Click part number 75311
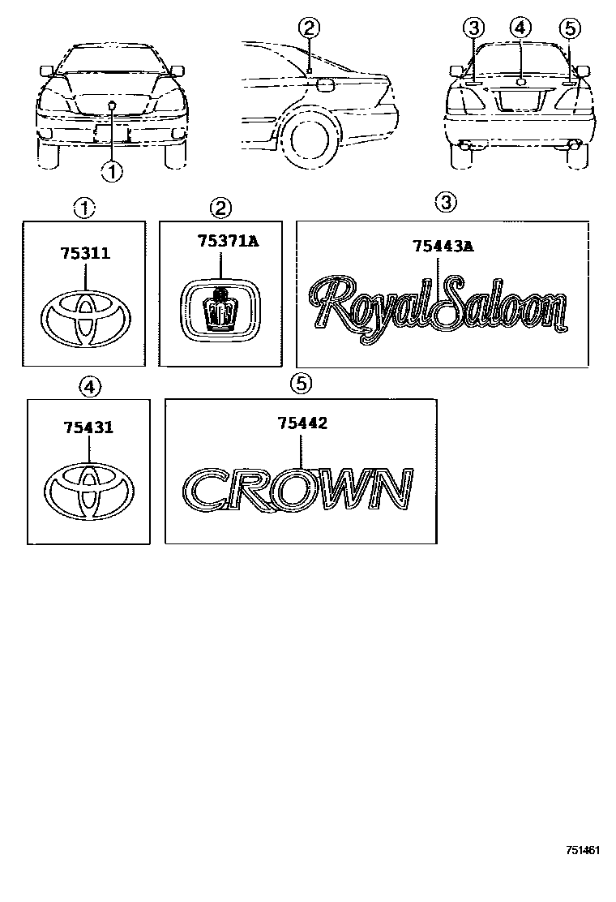(x=84, y=254)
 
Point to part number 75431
(x=89, y=427)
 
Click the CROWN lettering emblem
(x=298, y=491)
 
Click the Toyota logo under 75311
(x=84, y=318)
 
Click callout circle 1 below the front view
(x=112, y=170)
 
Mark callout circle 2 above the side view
(x=309, y=28)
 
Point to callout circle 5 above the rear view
(x=570, y=28)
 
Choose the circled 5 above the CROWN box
(x=301, y=384)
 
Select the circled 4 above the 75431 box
(x=89, y=387)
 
